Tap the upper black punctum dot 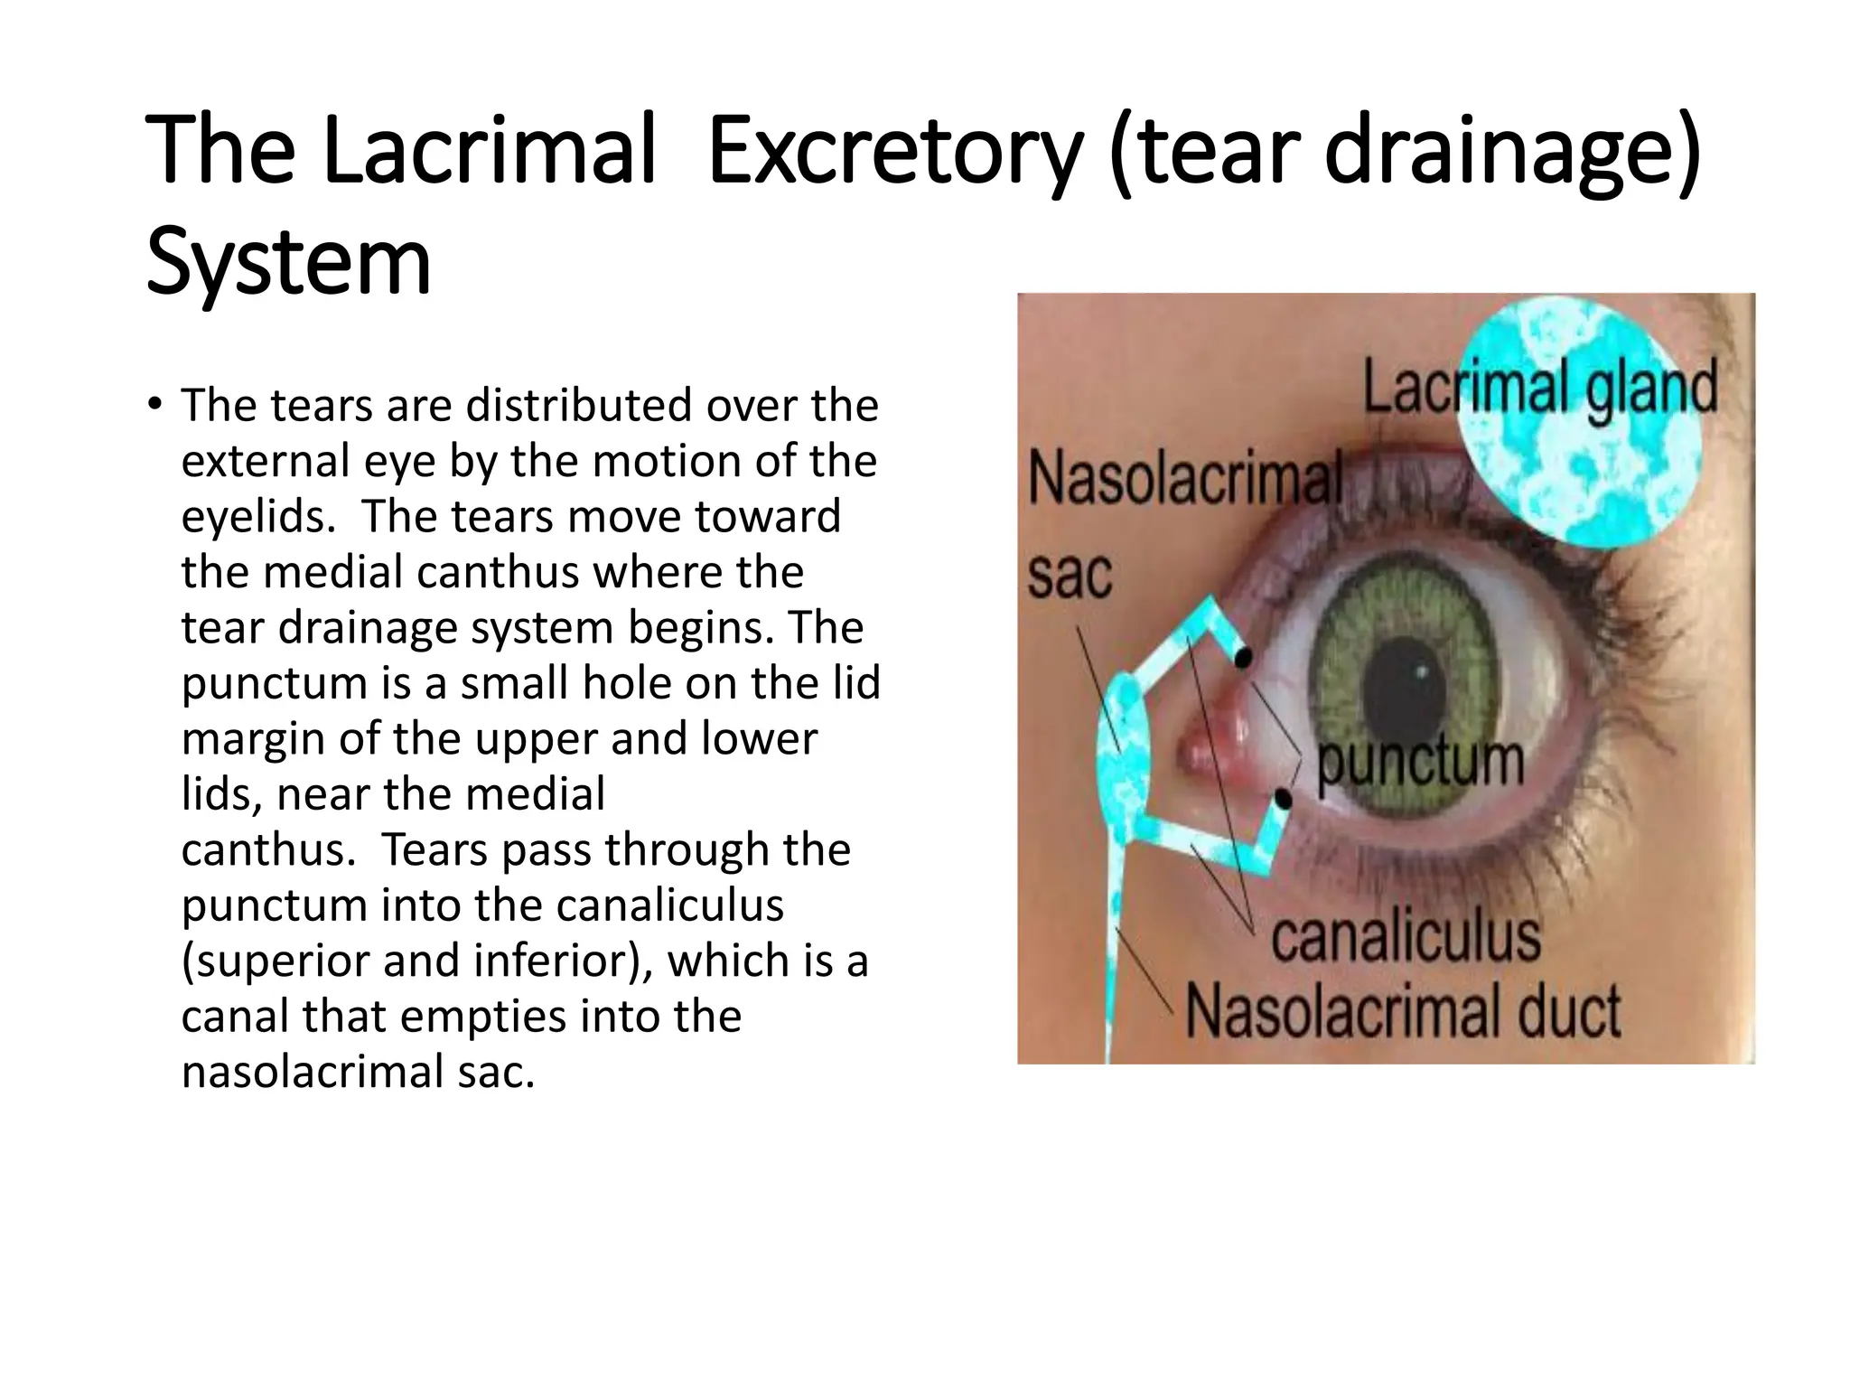(x=1244, y=658)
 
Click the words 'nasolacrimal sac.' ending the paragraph (x=358, y=1072)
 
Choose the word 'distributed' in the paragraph (x=578, y=405)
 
